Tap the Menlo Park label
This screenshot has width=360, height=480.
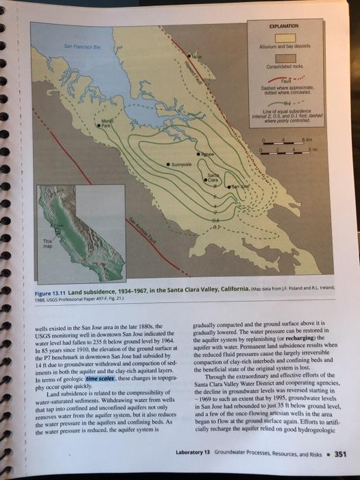[x=106, y=125]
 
